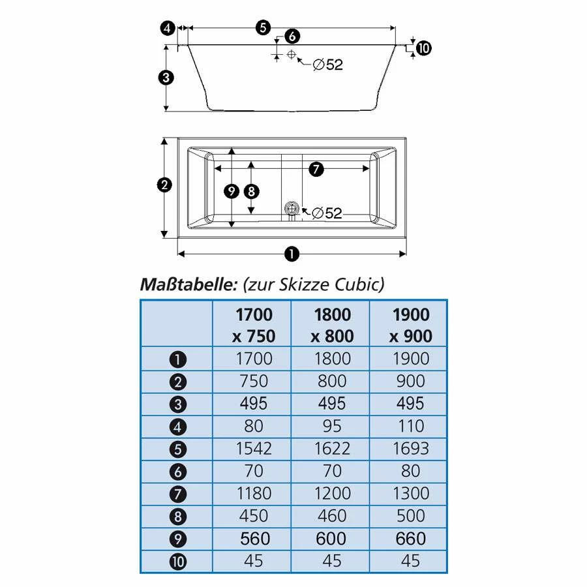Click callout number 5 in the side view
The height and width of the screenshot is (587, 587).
[x=263, y=27]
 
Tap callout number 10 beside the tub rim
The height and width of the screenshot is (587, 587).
[x=423, y=48]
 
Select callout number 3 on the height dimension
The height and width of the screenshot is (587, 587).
[x=166, y=78]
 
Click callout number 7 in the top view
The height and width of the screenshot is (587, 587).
[x=316, y=169]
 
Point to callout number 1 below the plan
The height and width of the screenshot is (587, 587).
[x=292, y=254]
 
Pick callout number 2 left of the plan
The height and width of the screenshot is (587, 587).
[x=164, y=185]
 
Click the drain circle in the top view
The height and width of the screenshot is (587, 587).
[x=292, y=208]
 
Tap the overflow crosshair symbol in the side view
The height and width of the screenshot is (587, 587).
[x=292, y=55]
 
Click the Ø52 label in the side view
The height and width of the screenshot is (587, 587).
[x=328, y=65]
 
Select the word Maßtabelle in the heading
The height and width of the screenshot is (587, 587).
[x=188, y=284]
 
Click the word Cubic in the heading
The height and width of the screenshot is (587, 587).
[x=359, y=284]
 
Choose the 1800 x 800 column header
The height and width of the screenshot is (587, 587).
[x=332, y=325]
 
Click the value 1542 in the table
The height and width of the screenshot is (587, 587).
[x=254, y=449]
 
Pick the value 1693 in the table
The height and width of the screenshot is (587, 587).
[x=411, y=449]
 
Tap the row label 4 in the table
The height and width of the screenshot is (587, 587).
[x=178, y=427]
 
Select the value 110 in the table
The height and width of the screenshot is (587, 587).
[x=411, y=426]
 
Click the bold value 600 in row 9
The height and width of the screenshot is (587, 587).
[x=331, y=539]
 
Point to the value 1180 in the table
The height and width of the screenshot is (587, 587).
[x=254, y=494]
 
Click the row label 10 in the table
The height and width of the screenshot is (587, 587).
[x=178, y=562]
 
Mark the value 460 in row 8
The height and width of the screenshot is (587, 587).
[x=332, y=516]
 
